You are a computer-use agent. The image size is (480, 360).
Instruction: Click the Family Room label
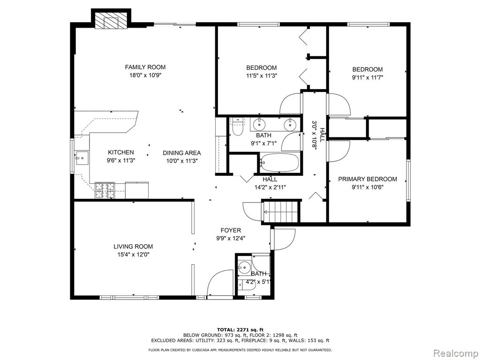145,67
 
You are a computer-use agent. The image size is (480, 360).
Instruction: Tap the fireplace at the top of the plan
111,21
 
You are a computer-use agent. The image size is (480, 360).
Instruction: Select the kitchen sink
82,158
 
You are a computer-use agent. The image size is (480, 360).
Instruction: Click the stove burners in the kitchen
105,190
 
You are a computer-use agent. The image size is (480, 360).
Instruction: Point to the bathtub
279,163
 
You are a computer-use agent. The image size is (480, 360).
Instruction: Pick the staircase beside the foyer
281,211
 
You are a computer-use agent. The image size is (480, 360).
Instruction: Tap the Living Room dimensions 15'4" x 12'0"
133,255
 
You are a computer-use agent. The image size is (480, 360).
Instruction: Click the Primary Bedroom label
367,179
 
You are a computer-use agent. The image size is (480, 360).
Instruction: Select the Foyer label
231,231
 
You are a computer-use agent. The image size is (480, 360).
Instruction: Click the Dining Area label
181,153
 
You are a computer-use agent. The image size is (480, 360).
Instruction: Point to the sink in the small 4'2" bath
244,267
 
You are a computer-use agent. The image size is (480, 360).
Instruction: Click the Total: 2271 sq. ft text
240,330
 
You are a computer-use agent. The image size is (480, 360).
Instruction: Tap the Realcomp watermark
455,353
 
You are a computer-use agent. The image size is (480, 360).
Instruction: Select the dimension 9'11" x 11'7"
367,77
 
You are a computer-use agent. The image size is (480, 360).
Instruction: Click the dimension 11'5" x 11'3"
262,76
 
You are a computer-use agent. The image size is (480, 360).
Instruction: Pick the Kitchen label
121,152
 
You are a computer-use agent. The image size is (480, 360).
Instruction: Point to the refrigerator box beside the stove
137,190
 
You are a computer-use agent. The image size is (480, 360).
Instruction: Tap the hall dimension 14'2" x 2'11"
270,187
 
